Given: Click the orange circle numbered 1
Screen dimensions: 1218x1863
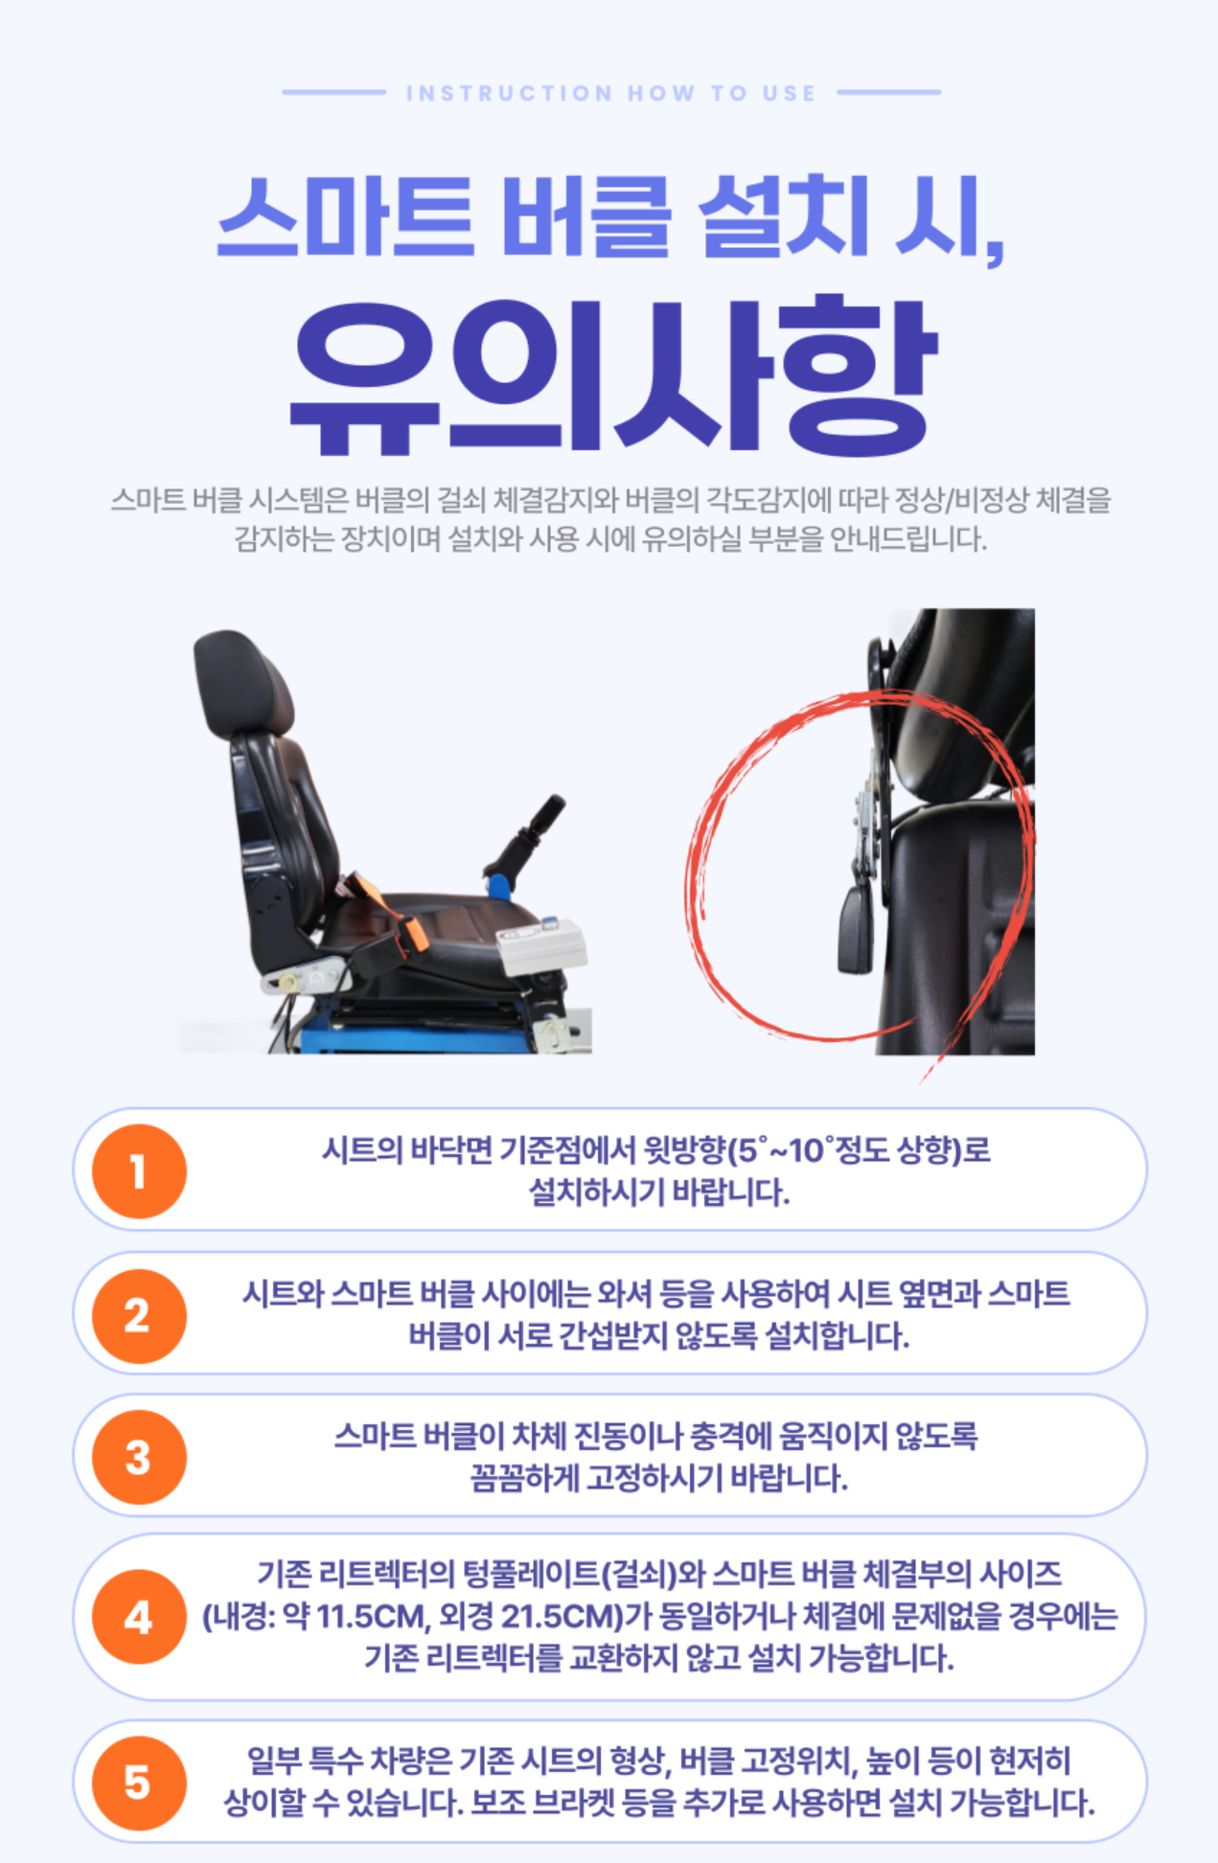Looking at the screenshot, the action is (x=139, y=1170).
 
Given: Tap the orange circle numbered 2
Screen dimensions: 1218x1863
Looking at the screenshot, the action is (x=139, y=1315).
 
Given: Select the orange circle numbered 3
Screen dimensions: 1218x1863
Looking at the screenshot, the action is (x=139, y=1457).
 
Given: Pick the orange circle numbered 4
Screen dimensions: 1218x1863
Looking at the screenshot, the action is (x=139, y=1617).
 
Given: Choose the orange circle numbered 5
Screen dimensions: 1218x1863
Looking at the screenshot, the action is (x=139, y=1783).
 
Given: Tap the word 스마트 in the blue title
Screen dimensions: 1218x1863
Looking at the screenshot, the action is (x=346, y=216).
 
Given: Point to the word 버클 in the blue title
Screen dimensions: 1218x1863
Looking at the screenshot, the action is (x=586, y=216).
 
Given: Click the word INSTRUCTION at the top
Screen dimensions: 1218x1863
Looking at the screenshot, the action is (x=509, y=93).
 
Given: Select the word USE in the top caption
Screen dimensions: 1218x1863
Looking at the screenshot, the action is (x=790, y=93).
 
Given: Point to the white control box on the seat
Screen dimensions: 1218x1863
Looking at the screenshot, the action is (x=542, y=943).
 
